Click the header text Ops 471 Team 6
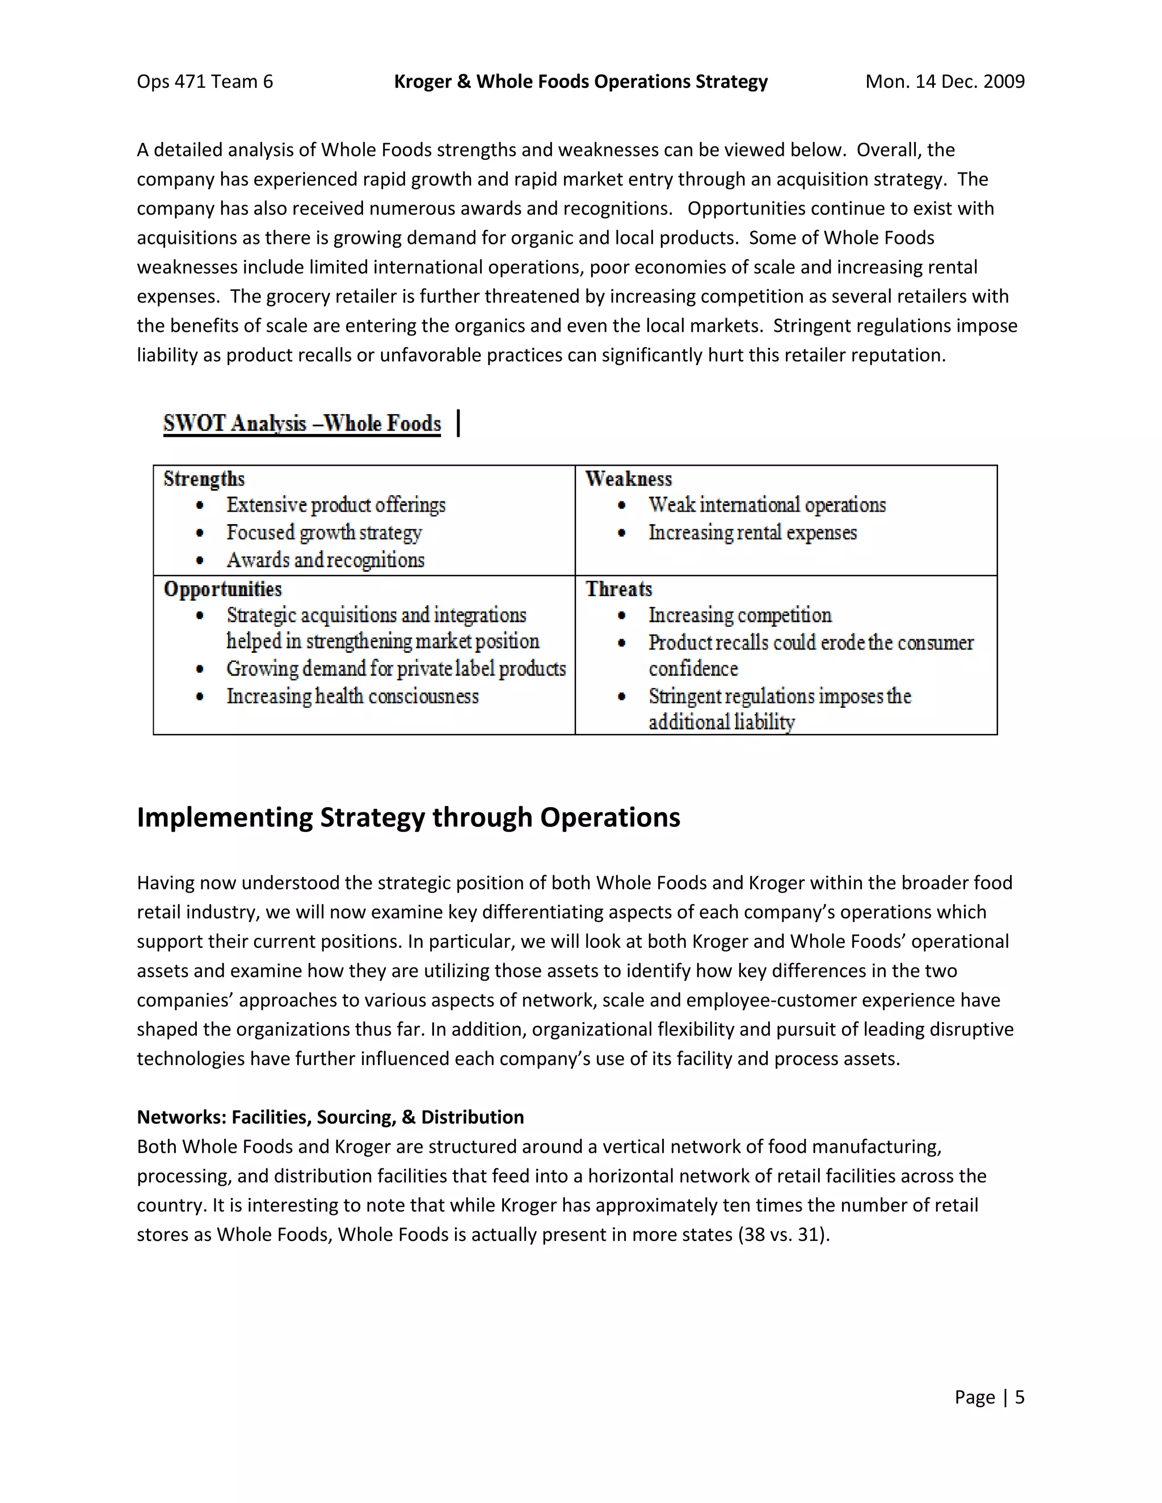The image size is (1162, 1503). pyautogui.click(x=204, y=82)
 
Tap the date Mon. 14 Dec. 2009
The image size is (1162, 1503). pyautogui.click(x=945, y=82)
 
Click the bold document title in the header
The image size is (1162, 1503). pyautogui.click(x=580, y=82)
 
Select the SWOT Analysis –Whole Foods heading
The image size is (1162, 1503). pyautogui.click(x=301, y=423)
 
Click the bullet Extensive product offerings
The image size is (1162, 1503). pyautogui.click(x=336, y=505)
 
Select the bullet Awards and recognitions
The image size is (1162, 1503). pyautogui.click(x=325, y=560)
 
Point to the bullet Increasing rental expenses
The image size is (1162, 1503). pyautogui.click(x=752, y=533)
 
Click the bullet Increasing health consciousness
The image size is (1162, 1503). pyautogui.click(x=352, y=696)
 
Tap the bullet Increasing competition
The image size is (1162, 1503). pyautogui.click(x=740, y=615)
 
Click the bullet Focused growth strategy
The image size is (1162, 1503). pyautogui.click(x=323, y=533)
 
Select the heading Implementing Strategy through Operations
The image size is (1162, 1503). pyautogui.click(x=408, y=817)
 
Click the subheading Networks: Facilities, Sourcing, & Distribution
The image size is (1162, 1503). pyautogui.click(x=330, y=1117)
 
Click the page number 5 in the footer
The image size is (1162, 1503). pyautogui.click(x=1020, y=1397)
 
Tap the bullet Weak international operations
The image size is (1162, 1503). pyautogui.click(x=767, y=505)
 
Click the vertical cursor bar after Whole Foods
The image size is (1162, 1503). pyautogui.click(x=458, y=423)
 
